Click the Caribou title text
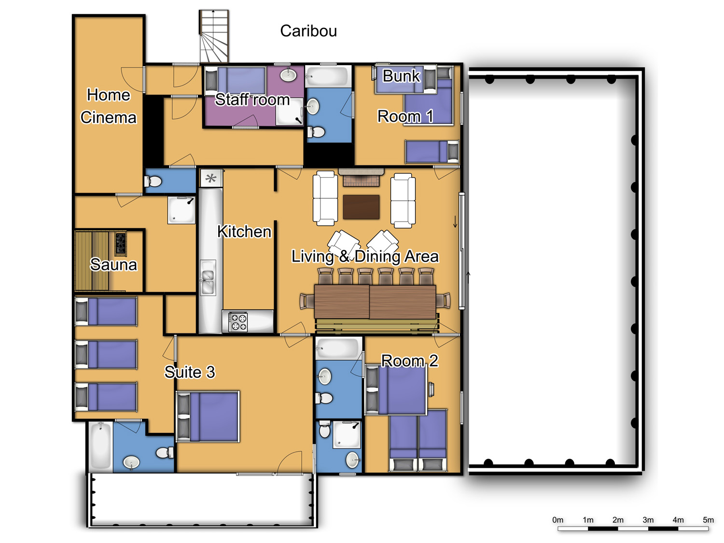click(x=308, y=31)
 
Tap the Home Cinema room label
click(x=109, y=106)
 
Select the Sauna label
click(x=113, y=265)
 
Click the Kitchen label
click(x=244, y=232)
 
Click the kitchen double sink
click(x=208, y=278)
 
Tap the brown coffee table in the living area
click(x=361, y=207)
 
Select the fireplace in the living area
click(x=361, y=178)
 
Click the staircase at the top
click(x=214, y=36)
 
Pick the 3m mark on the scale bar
click(x=648, y=520)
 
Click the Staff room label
click(x=252, y=99)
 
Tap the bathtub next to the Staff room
click(x=327, y=76)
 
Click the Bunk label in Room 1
click(x=401, y=76)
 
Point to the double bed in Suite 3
click(x=208, y=417)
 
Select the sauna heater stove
click(x=120, y=243)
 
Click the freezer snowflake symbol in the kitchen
click(x=211, y=179)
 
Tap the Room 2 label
click(x=410, y=361)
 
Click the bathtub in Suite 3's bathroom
click(x=100, y=446)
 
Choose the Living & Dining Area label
click(x=365, y=256)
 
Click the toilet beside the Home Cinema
click(x=153, y=181)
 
